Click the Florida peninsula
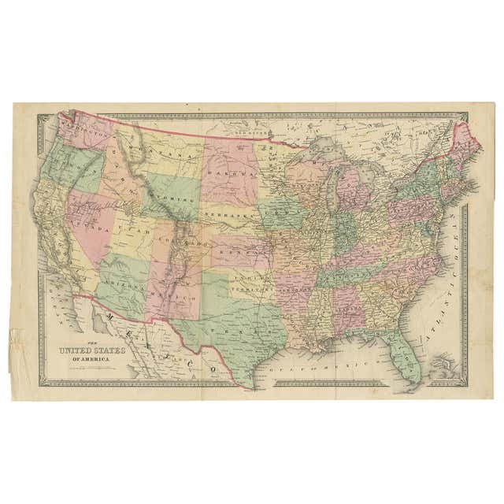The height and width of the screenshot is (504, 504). click(405, 358)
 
